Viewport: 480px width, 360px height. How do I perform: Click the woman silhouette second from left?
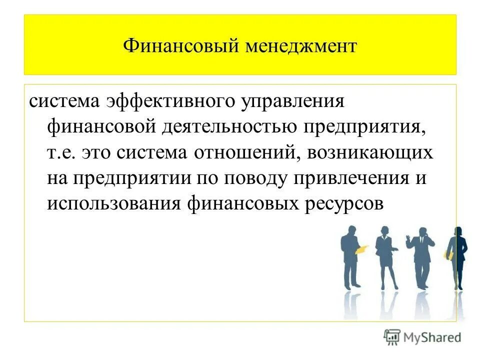386,257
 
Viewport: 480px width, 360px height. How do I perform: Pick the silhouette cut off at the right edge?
457,257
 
